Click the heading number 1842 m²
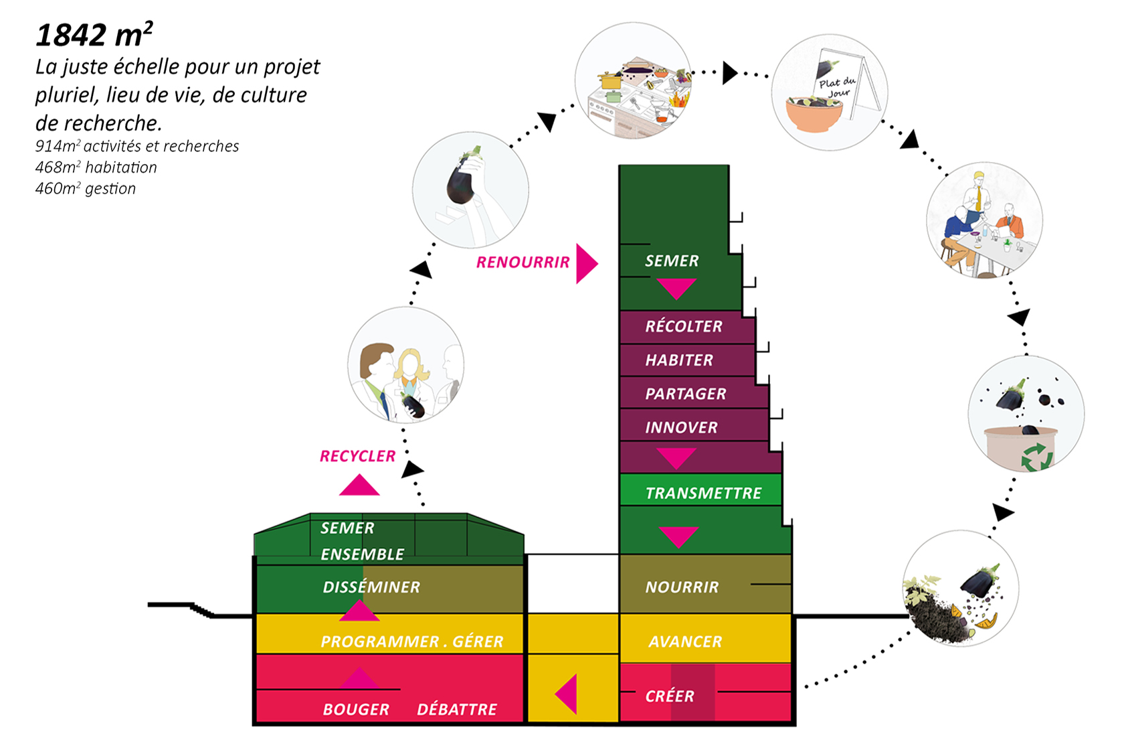[94, 35]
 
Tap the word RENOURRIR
[523, 262]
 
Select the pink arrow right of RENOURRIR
[586, 263]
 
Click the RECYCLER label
[357, 457]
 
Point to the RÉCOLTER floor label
[684, 327]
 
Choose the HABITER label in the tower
[679, 360]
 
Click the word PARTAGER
[686, 394]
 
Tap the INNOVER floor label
[681, 428]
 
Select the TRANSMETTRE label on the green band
[703, 494]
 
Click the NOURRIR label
[682, 587]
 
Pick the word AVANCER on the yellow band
[685, 642]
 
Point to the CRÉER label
[670, 696]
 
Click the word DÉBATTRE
[457, 710]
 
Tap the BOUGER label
[356, 710]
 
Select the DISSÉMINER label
[371, 587]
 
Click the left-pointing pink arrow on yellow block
[567, 694]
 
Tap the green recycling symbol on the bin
[1036, 457]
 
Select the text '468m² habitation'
[96, 167]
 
